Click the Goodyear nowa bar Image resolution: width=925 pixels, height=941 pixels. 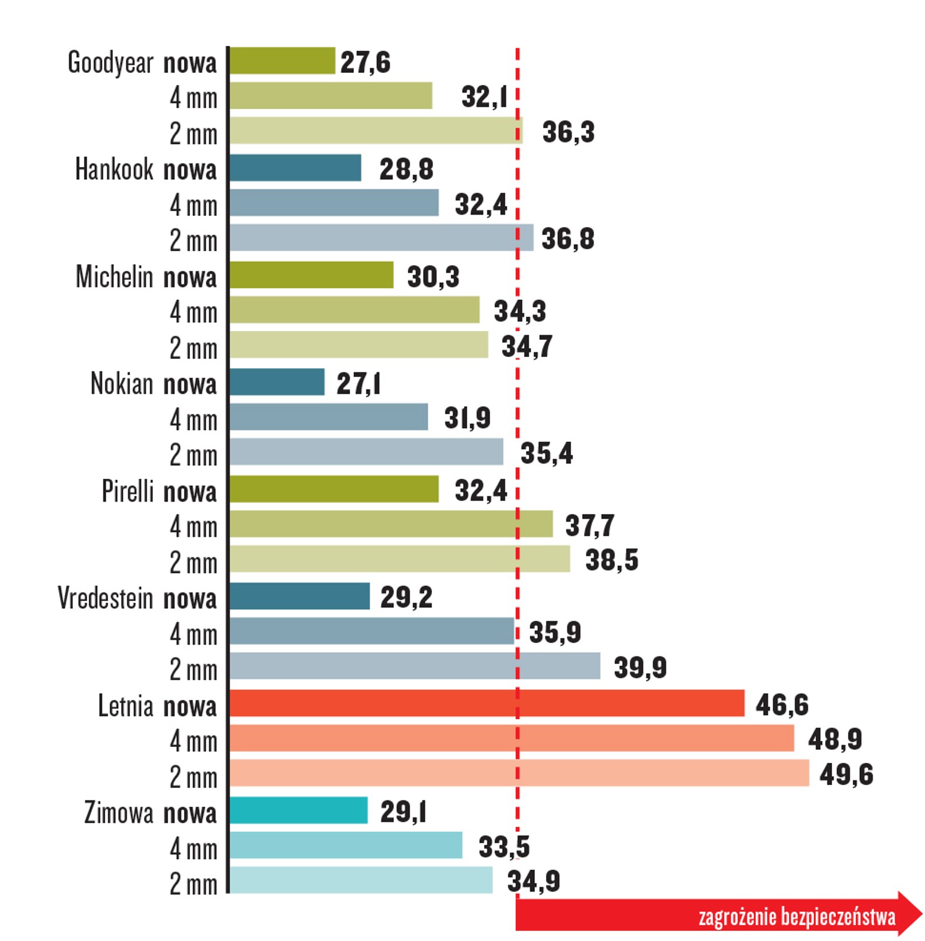tap(282, 61)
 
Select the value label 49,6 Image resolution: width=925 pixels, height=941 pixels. tap(846, 775)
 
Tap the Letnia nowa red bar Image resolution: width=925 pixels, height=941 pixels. tap(487, 703)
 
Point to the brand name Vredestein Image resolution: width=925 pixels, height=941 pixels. tap(105, 598)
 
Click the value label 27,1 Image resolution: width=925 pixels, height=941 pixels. tap(358, 383)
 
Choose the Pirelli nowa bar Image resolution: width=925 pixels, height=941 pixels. tap(334, 489)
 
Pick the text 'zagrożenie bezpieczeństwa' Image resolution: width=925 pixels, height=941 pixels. tap(796, 917)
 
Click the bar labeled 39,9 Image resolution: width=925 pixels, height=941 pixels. tap(415, 666)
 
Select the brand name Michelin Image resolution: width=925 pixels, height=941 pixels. tap(114, 276)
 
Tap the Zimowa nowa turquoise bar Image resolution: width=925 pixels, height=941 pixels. tap(299, 810)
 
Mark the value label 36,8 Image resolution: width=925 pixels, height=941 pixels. tap(567, 239)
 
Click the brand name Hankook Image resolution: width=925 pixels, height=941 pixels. tap(114, 169)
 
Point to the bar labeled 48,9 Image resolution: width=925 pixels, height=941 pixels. tap(511, 738)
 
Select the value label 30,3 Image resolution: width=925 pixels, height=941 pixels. tap(433, 276)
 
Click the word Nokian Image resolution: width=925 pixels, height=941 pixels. tap(122, 383)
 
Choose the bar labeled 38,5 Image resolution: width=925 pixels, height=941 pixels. tap(400, 559)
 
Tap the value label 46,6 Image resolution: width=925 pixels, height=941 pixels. tap(781, 705)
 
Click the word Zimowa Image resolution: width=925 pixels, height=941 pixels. tap(118, 813)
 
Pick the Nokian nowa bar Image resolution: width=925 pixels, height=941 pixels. tap(277, 382)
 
